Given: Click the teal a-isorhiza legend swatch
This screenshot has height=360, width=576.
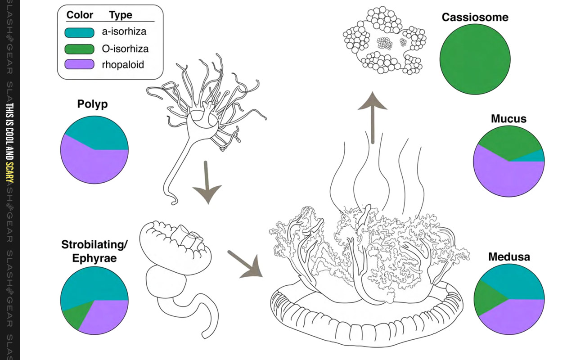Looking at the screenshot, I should [x=80, y=32].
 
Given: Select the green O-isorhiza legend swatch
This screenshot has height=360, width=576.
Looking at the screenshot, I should [x=80, y=49].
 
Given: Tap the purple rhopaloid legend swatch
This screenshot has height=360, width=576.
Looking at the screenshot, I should [x=80, y=64].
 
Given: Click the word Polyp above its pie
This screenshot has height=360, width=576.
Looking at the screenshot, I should [x=93, y=104].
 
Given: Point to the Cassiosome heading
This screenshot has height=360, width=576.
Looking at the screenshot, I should [x=475, y=18].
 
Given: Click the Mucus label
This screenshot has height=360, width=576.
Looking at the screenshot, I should [x=508, y=119].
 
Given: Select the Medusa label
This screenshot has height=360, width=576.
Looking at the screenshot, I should [x=509, y=257].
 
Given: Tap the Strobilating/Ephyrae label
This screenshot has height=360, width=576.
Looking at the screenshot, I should [x=94, y=252].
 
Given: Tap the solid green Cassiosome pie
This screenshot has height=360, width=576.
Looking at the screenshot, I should [x=475, y=59].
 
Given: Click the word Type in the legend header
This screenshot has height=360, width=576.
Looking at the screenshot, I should [x=120, y=15].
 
